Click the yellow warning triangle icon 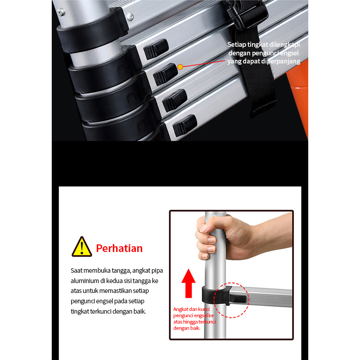click(x=82, y=247)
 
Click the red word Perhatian click(x=119, y=248)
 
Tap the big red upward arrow click(x=189, y=283)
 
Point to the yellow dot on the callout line click(x=180, y=67)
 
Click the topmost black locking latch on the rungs click(x=156, y=49)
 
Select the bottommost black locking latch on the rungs click(x=184, y=126)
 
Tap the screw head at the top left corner click(x=61, y=12)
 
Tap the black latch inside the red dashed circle click(x=238, y=299)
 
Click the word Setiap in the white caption click(x=237, y=45)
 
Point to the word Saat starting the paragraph click(x=76, y=270)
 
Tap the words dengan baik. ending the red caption click(x=187, y=328)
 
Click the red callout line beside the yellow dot click(x=204, y=63)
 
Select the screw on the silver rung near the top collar click(x=130, y=17)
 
